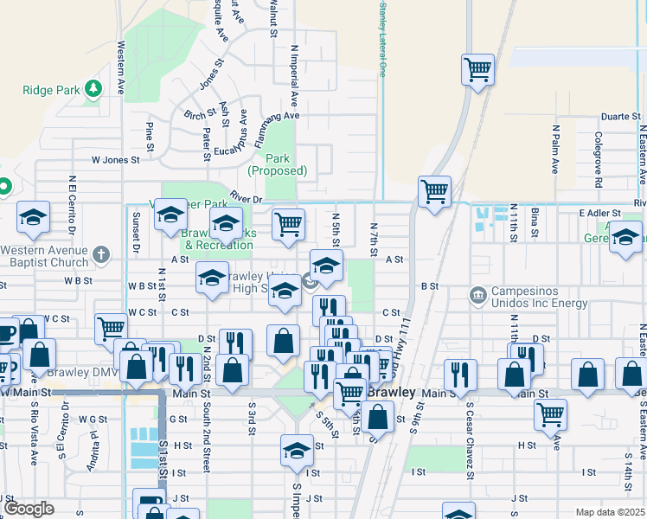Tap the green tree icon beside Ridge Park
pyautogui.click(x=93, y=88)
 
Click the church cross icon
pyautogui.click(x=102, y=254)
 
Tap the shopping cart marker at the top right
pyautogui.click(x=477, y=69)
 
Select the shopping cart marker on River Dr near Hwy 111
pyautogui.click(x=434, y=191)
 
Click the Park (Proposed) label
pyautogui.click(x=278, y=164)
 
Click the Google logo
pyautogui.click(x=29, y=509)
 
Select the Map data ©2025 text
pyautogui.click(x=611, y=512)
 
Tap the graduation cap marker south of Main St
pyautogui.click(x=297, y=451)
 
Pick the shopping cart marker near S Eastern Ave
pyautogui.click(x=550, y=414)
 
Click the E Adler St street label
pyautogui.click(x=599, y=213)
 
